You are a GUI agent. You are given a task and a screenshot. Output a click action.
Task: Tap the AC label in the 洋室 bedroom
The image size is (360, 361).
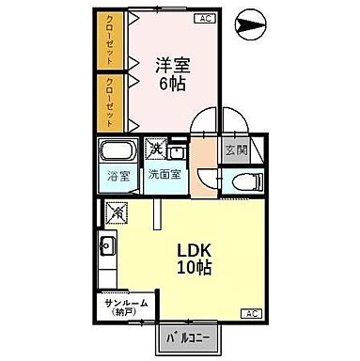pyautogui.click(x=201, y=19)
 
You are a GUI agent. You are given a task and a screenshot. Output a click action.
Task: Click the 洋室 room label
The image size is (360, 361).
pyautogui.click(x=172, y=65)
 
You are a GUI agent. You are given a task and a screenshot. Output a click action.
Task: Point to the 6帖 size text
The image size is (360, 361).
pyautogui.click(x=172, y=83)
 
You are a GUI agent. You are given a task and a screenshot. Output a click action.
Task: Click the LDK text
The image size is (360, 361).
pyautogui.click(x=196, y=251)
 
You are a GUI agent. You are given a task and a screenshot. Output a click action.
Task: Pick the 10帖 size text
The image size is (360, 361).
pyautogui.click(x=196, y=269)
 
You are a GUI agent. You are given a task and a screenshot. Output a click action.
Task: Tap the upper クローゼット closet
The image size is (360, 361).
pyautogui.click(x=111, y=41)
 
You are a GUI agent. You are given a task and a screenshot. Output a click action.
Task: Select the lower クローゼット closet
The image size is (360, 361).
pyautogui.click(x=111, y=102)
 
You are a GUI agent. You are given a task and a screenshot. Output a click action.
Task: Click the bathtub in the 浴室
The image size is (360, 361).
pyautogui.click(x=118, y=152)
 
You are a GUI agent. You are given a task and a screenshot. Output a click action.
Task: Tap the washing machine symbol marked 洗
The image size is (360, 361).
pyautogui.click(x=155, y=149)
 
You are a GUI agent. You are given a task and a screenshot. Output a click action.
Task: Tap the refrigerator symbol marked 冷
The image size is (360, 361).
pyautogui.click(x=117, y=214)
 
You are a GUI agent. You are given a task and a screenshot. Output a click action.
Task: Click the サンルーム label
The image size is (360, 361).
pyautogui.click(x=119, y=306)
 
